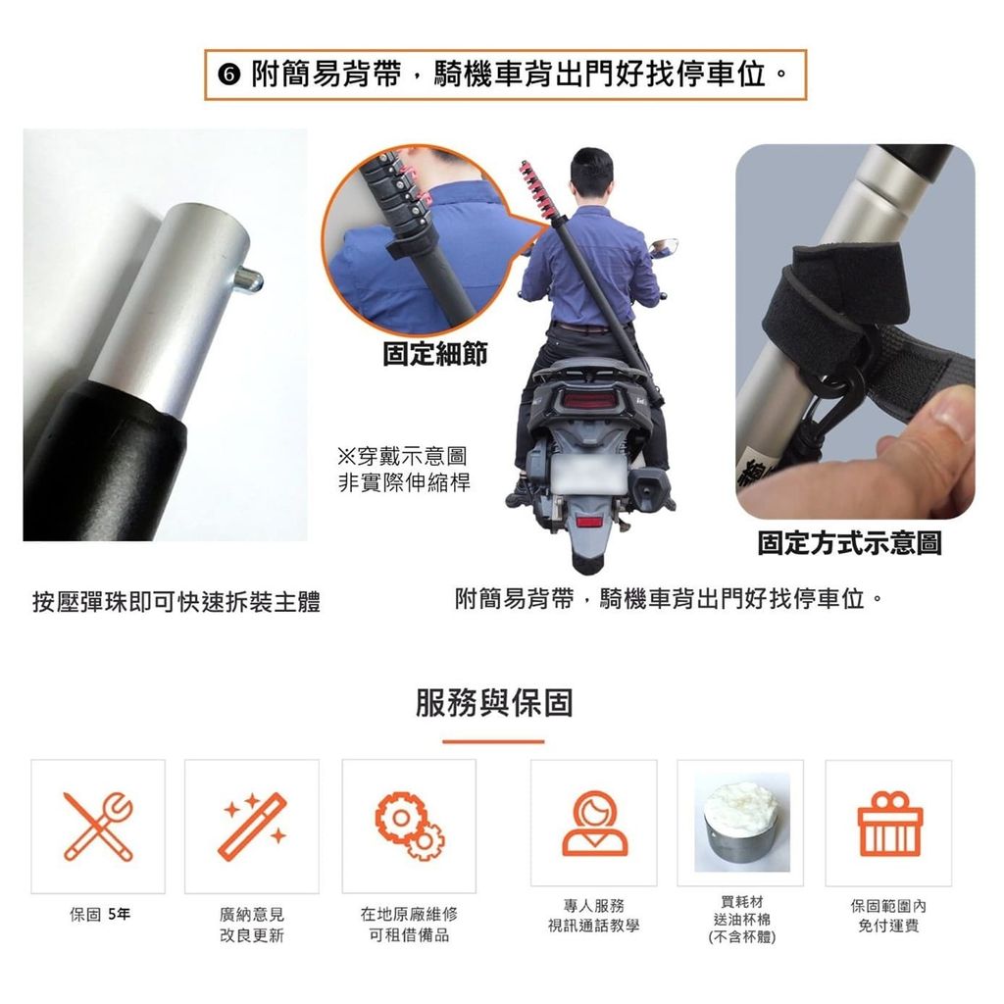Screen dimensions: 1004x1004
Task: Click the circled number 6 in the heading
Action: (x=228, y=75)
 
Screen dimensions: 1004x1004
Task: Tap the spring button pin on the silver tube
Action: (x=248, y=279)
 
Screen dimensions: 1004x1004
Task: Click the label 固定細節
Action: (x=434, y=353)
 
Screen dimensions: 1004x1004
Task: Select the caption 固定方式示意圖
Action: (x=849, y=543)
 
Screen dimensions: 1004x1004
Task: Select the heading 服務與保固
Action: (x=494, y=702)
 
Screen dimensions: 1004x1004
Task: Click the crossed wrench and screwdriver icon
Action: (x=98, y=826)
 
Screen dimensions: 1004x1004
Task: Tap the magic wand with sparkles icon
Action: (x=252, y=826)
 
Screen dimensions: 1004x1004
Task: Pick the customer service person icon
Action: (x=594, y=824)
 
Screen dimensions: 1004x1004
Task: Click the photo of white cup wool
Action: (x=742, y=823)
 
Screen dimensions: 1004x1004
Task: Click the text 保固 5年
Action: (x=100, y=914)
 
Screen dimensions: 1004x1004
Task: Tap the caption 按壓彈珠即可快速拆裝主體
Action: (x=176, y=602)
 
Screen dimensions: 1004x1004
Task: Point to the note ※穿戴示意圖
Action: (x=402, y=456)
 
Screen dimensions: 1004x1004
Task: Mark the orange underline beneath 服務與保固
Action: (x=494, y=742)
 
